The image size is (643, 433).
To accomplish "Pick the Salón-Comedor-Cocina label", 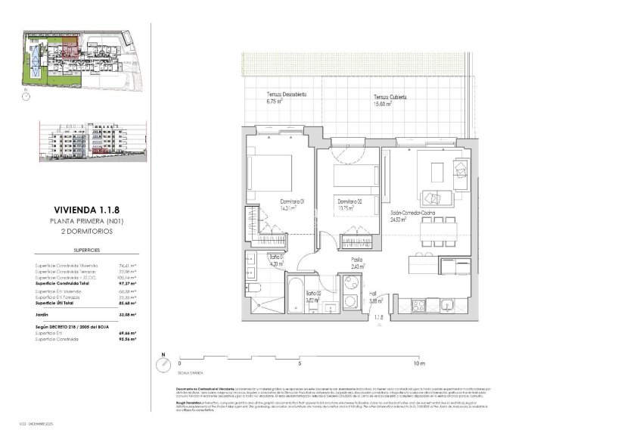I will pos(413,214).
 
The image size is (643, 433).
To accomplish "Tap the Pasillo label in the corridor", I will pos(356,260).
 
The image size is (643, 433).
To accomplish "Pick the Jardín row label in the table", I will pos(45,313).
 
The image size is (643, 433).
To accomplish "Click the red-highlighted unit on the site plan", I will pos(70,52).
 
